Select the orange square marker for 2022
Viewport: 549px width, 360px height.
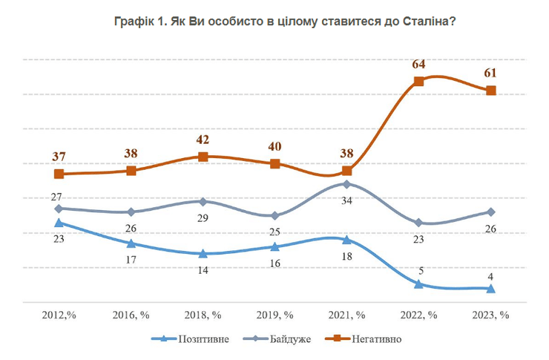(418, 81)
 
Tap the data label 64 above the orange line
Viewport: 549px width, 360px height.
(418, 64)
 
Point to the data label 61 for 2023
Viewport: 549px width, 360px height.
(490, 73)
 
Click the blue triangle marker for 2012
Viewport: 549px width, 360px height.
(59, 222)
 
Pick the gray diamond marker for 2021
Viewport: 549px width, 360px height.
(346, 184)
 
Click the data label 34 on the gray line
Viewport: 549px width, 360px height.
(347, 201)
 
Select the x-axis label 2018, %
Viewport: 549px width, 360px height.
(203, 315)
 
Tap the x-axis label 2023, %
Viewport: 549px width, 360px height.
(490, 315)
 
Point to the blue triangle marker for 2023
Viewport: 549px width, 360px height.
(490, 289)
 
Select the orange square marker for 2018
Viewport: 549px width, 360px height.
(203, 157)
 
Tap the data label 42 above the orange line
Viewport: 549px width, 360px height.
(203, 140)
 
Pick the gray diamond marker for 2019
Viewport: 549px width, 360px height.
(274, 215)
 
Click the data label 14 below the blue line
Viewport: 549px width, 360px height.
(203, 269)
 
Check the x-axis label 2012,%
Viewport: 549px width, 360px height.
(59, 315)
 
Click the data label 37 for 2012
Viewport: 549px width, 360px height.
(59, 157)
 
